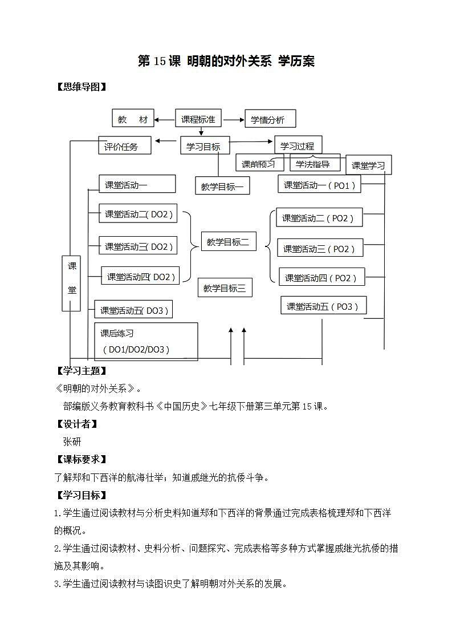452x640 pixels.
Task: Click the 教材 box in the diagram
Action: [133, 119]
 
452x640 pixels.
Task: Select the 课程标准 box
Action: [198, 119]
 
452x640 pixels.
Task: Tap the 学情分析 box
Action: [270, 120]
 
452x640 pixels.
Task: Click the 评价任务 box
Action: [125, 146]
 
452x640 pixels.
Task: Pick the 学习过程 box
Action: [298, 145]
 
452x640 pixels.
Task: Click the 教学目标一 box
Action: [222, 186]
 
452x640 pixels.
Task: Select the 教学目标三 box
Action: [225, 289]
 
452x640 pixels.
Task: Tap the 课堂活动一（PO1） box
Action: [320, 185]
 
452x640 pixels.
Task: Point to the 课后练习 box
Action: [146, 342]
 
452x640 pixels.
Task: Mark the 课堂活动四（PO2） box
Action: [321, 278]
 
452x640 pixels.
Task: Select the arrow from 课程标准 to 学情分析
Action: [233, 120]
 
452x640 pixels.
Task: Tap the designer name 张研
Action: [72, 441]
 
